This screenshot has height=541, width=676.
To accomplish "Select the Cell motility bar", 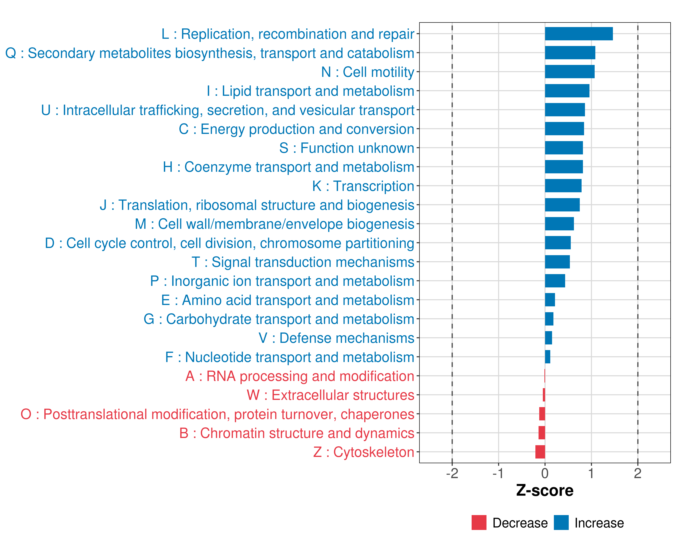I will click(569, 72).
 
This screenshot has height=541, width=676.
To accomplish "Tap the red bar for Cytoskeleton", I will click(540, 452).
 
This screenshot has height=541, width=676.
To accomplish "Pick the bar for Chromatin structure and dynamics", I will click(541, 433).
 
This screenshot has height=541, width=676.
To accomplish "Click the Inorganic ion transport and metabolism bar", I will click(555, 281).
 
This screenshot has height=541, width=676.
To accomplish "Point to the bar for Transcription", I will click(563, 186).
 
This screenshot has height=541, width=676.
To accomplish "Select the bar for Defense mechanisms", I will click(548, 338).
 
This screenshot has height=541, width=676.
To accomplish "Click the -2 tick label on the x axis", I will click(452, 473).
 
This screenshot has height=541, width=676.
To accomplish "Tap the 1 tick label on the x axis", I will click(591, 473).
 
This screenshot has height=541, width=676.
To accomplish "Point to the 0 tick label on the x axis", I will click(545, 473).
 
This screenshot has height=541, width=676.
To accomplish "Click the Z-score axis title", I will click(545, 491).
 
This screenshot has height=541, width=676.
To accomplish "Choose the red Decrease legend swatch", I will click(479, 523).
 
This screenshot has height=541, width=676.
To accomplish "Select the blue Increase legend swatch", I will click(561, 523).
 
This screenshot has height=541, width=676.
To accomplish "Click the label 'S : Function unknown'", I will click(347, 148).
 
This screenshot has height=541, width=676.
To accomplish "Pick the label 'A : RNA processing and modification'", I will click(299, 376).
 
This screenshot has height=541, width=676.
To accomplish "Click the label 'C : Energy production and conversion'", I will click(296, 129).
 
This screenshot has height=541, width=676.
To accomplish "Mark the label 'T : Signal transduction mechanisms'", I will click(303, 262).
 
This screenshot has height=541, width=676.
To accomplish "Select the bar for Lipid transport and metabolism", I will click(567, 91).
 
